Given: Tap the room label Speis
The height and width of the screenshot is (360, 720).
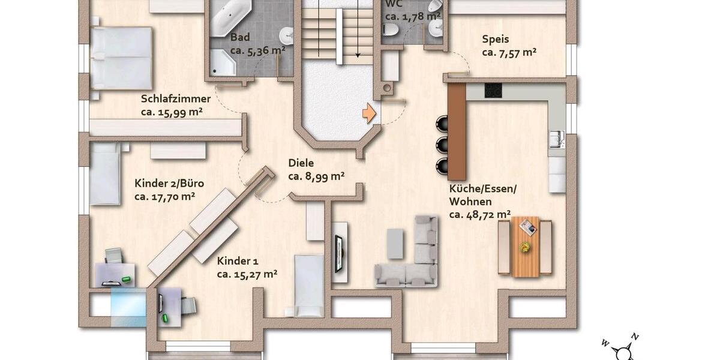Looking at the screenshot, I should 495,40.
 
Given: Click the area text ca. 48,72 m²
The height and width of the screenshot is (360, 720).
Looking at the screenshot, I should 480,214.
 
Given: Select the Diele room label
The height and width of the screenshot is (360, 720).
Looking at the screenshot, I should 301,163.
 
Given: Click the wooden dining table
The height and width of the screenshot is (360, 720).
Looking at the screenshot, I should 525,247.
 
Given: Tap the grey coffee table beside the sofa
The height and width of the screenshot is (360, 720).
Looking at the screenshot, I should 395,242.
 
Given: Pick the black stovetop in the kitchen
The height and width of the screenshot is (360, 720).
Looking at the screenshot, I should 493,90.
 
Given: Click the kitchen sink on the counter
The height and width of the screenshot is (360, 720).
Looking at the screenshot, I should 556,139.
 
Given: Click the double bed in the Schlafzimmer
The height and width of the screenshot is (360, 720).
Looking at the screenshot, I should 121,58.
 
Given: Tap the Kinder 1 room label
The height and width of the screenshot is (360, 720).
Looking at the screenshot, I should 238,261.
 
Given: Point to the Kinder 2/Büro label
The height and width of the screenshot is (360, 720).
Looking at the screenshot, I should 165,183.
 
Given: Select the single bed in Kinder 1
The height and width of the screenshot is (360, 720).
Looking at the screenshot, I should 309,285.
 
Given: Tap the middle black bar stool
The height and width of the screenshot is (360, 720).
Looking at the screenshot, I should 443,144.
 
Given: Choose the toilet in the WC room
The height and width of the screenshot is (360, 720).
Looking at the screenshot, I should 391,29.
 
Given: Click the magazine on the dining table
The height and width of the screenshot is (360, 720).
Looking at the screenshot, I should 528,227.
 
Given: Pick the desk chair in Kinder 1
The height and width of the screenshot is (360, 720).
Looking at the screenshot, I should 188,306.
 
